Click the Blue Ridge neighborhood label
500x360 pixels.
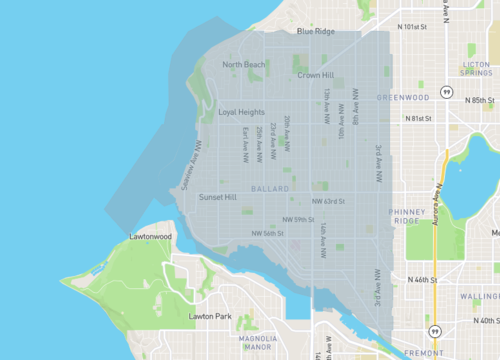[x=315, y=31]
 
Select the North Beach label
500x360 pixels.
[x=244, y=65]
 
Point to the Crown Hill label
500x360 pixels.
[x=315, y=75]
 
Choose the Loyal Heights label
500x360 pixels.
[x=241, y=112]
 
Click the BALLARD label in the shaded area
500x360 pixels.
[x=270, y=188]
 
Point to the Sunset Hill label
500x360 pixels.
[x=218, y=198]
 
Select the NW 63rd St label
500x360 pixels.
[x=328, y=201]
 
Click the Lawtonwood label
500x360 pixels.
[x=152, y=237]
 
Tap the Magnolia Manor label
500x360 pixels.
[x=258, y=344]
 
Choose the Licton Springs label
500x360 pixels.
[x=476, y=68]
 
